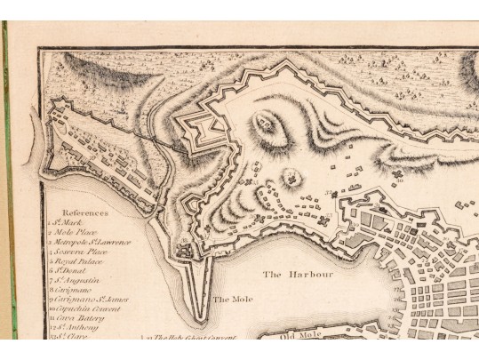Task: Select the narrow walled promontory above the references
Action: point(98,151)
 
